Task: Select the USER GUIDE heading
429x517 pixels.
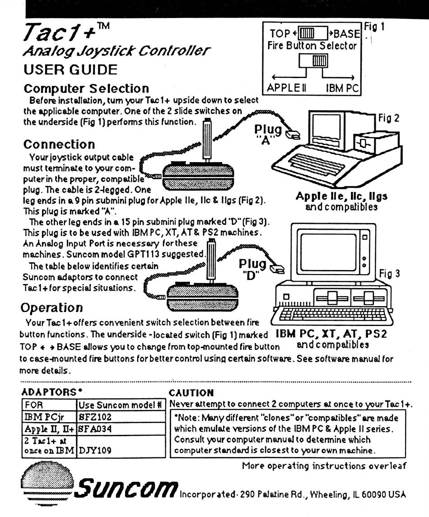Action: point(70,70)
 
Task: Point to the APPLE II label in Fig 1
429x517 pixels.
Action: point(287,88)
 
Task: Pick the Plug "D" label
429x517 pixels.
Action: point(253,268)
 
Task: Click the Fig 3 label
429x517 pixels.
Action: point(389,274)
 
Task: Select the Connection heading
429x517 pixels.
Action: point(59,144)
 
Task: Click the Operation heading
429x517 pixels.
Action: point(51,307)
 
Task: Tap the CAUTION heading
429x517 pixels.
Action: point(191,393)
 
